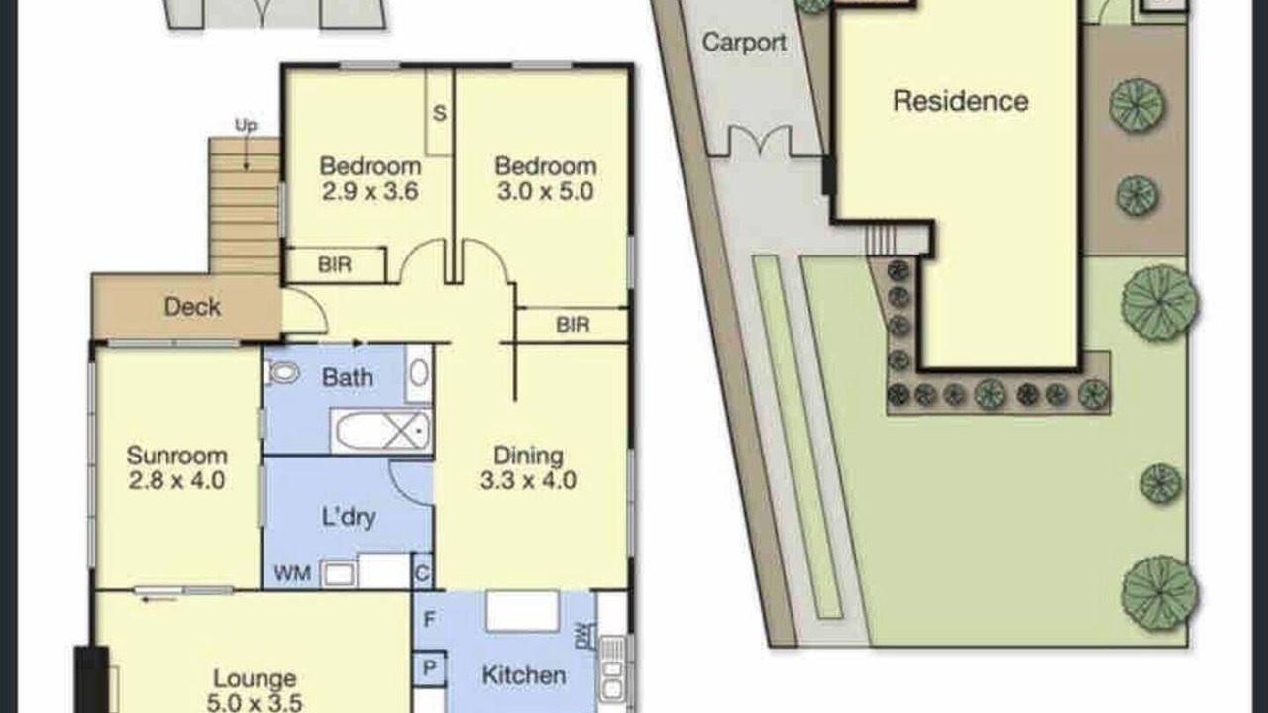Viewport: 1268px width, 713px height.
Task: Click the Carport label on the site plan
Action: [744, 43]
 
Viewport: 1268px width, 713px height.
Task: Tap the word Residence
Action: [961, 101]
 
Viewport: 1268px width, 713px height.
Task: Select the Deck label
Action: [192, 307]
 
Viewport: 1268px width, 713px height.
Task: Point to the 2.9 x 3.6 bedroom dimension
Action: [370, 191]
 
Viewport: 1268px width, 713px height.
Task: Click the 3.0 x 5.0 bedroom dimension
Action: [545, 191]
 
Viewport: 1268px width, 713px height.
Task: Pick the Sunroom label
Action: [176, 456]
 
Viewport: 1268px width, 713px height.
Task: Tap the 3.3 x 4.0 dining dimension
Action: [528, 481]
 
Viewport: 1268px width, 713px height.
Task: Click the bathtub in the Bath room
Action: [382, 431]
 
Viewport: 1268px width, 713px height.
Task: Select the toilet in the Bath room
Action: [283, 373]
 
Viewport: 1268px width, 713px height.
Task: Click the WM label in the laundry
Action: [292, 573]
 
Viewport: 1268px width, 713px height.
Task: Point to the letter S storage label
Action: [439, 113]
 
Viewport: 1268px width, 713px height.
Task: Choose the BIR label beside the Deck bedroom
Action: [335, 264]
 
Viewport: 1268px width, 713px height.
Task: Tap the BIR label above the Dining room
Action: [573, 325]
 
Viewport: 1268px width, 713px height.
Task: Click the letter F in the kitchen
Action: [429, 619]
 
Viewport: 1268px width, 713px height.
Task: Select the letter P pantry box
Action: [429, 668]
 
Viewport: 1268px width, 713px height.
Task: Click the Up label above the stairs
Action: [246, 126]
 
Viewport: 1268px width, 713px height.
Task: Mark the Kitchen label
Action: [524, 675]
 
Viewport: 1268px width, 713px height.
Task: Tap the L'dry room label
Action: [349, 517]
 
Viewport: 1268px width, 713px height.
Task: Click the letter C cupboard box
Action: [422, 573]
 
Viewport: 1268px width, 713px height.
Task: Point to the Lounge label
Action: [255, 678]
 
